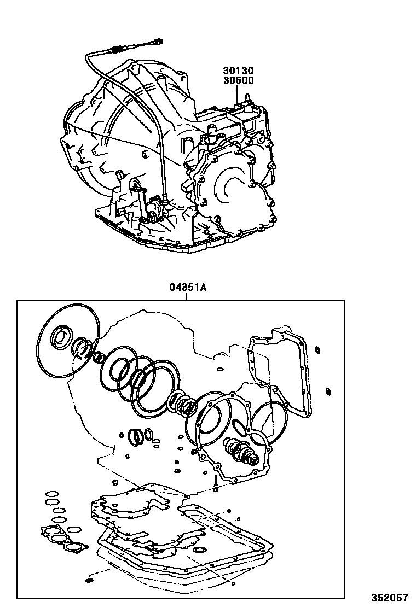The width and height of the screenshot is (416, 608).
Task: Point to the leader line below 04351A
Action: click(x=187, y=296)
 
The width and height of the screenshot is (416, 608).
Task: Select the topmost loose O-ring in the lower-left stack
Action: click(x=50, y=492)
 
